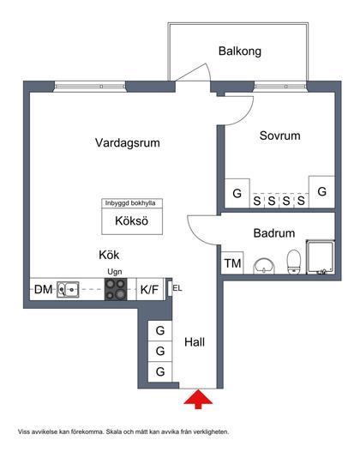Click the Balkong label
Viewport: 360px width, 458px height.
(239, 51)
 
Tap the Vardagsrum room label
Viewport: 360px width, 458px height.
(129, 144)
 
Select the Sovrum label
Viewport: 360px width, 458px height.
(279, 136)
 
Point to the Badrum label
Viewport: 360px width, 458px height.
(274, 232)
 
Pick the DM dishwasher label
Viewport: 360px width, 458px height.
(43, 290)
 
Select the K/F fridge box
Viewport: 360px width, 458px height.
(149, 290)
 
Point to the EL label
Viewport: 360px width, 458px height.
(177, 287)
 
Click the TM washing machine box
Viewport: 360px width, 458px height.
(232, 263)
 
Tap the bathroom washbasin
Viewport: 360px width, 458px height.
(264, 264)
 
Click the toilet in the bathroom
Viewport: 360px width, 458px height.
(293, 261)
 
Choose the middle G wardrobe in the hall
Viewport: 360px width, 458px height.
(159, 351)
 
